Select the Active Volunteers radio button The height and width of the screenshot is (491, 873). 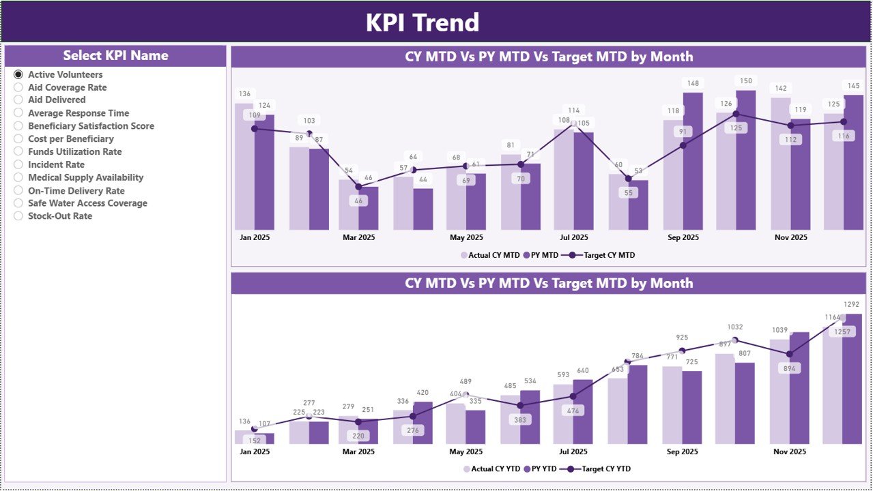(x=18, y=74)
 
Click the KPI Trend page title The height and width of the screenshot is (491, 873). (x=423, y=23)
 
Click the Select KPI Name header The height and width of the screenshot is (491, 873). (x=115, y=56)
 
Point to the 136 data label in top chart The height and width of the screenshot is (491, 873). (x=244, y=93)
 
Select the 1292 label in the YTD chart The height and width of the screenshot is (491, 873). (x=852, y=304)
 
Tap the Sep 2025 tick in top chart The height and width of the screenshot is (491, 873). (x=683, y=238)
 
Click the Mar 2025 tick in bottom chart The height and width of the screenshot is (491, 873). (x=358, y=451)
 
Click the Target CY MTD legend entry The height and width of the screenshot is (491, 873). (x=603, y=255)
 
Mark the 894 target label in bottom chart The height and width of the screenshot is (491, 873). (x=788, y=368)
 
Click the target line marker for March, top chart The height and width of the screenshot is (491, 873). (x=358, y=186)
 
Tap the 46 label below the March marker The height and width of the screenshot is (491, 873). (x=358, y=201)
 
